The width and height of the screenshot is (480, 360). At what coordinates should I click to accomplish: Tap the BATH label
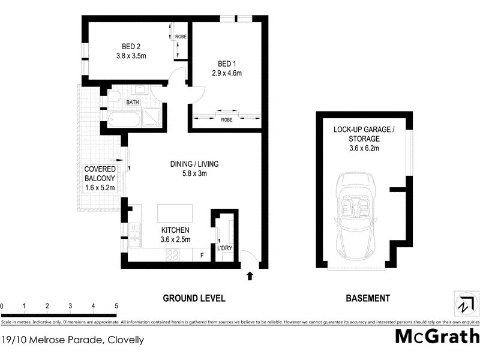pos(133,103)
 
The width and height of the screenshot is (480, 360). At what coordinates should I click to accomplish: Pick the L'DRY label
pos(224,249)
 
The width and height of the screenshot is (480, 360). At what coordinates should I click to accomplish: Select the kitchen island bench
pos(175,214)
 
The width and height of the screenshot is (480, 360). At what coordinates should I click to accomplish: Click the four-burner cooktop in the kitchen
pos(173,254)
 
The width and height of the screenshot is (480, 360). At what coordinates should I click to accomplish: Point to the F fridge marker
pos(202,255)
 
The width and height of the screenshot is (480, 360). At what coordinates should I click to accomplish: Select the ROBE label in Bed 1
pos(226,120)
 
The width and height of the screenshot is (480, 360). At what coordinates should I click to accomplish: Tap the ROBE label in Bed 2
pos(181,37)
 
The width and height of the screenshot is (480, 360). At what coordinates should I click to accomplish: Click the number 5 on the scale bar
pos(116,306)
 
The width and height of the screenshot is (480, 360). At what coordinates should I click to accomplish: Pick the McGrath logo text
pos(436,336)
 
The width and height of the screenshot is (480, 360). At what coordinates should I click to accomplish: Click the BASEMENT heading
pos(367,298)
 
